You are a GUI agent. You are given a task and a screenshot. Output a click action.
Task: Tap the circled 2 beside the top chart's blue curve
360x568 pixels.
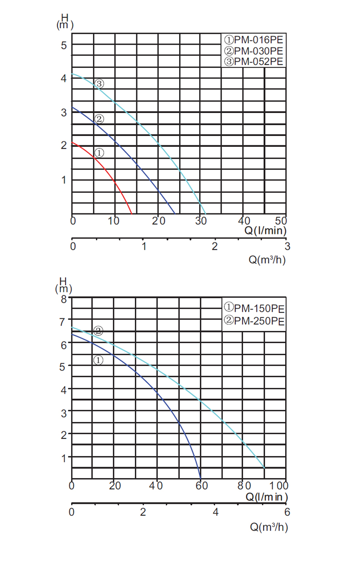tap(99, 120)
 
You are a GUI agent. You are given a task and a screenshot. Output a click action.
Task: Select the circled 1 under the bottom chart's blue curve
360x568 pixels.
tap(98, 360)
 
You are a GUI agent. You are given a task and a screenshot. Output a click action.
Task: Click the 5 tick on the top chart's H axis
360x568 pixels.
tap(64, 45)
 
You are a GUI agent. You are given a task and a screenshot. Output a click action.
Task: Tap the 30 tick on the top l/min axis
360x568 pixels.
tap(201, 222)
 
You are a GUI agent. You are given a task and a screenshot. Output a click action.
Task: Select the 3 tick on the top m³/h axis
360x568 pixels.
tap(287, 247)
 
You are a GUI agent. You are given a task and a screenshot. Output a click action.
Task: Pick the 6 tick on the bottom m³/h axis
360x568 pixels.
tap(287, 512)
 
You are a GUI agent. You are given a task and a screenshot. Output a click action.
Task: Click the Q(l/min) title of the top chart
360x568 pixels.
tap(266, 231)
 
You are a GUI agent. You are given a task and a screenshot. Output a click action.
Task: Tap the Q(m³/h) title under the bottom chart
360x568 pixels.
tap(269, 527)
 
